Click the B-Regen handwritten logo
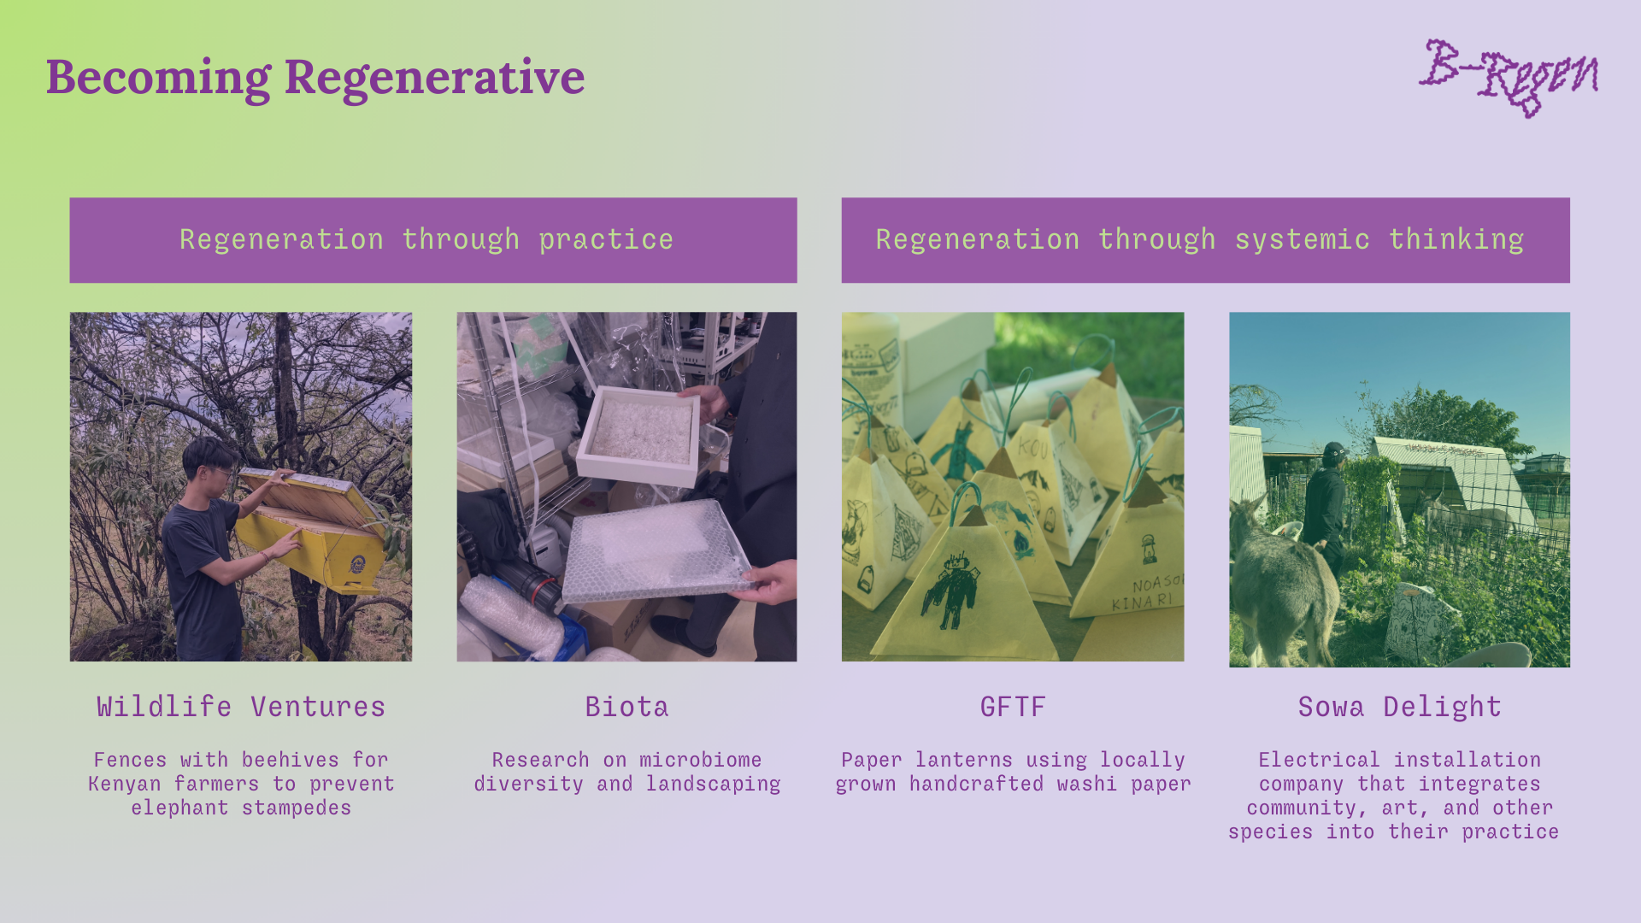pyautogui.click(x=1509, y=78)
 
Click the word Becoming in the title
pyautogui.click(x=158, y=78)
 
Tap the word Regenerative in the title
pyautogui.click(x=434, y=77)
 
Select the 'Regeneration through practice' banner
pyautogui.click(x=433, y=240)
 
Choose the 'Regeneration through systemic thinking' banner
pyautogui.click(x=1205, y=240)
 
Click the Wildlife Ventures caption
pyautogui.click(x=241, y=707)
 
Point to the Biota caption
pyautogui.click(x=626, y=707)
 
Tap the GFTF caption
pyautogui.click(x=1013, y=707)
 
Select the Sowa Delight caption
pyautogui.click(x=1399, y=707)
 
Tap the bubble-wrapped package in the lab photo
pyautogui.click(x=654, y=551)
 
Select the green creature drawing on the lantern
pyautogui.click(x=962, y=454)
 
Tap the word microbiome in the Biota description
pyautogui.click(x=700, y=760)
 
